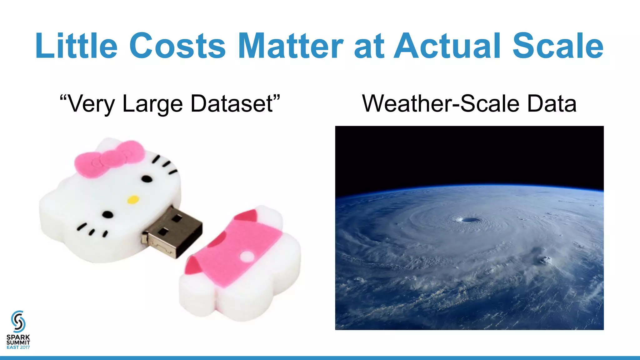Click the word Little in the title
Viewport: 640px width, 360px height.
coord(76,46)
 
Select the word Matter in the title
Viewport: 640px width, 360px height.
coord(290,46)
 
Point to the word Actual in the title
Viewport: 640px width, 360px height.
coord(447,46)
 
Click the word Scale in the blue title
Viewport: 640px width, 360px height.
coord(558,46)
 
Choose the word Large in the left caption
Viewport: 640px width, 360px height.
coord(152,104)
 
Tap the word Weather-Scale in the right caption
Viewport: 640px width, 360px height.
coord(441,104)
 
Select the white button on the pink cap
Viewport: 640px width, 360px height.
coord(247,257)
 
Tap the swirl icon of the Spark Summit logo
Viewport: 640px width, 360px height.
coord(18,322)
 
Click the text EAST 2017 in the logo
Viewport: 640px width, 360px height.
coord(18,347)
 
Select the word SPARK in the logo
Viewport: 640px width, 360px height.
coord(18,337)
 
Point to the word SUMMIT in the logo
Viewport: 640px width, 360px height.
coord(18,342)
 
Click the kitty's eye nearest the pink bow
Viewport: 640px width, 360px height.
coord(147,179)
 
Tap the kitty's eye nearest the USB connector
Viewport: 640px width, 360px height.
coord(108,215)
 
